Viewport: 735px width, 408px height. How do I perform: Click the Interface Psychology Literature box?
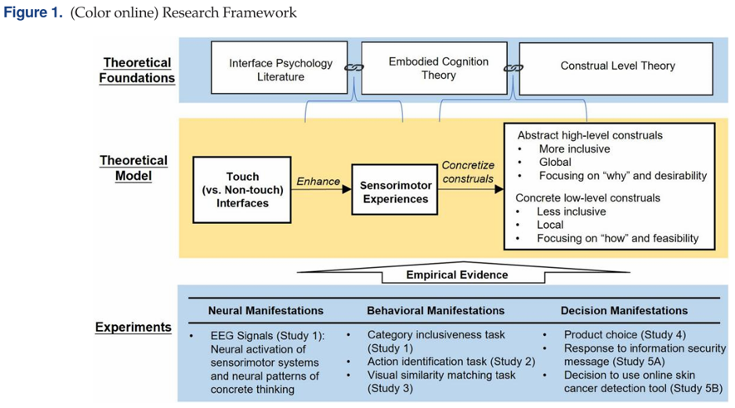pyautogui.click(x=280, y=70)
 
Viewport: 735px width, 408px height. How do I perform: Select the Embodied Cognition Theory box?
pyautogui.click(x=438, y=68)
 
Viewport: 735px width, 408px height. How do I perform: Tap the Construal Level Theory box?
pyautogui.click(x=617, y=66)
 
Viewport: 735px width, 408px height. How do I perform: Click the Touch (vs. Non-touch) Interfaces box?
pyautogui.click(x=242, y=189)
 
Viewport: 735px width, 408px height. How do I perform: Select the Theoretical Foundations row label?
pyautogui.click(x=138, y=70)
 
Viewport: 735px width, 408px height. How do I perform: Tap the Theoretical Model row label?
pyautogui.click(x=134, y=168)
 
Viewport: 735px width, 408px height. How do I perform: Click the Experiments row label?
pyautogui.click(x=134, y=328)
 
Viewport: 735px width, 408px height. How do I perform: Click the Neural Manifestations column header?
pyautogui.click(x=265, y=310)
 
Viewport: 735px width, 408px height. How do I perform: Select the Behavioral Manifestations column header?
pyautogui.click(x=436, y=310)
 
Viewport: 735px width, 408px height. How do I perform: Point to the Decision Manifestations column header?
pyautogui.click(x=624, y=310)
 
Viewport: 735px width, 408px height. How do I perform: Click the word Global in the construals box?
pyautogui.click(x=555, y=163)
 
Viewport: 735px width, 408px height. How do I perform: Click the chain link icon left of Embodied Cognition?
pyautogui.click(x=355, y=68)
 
